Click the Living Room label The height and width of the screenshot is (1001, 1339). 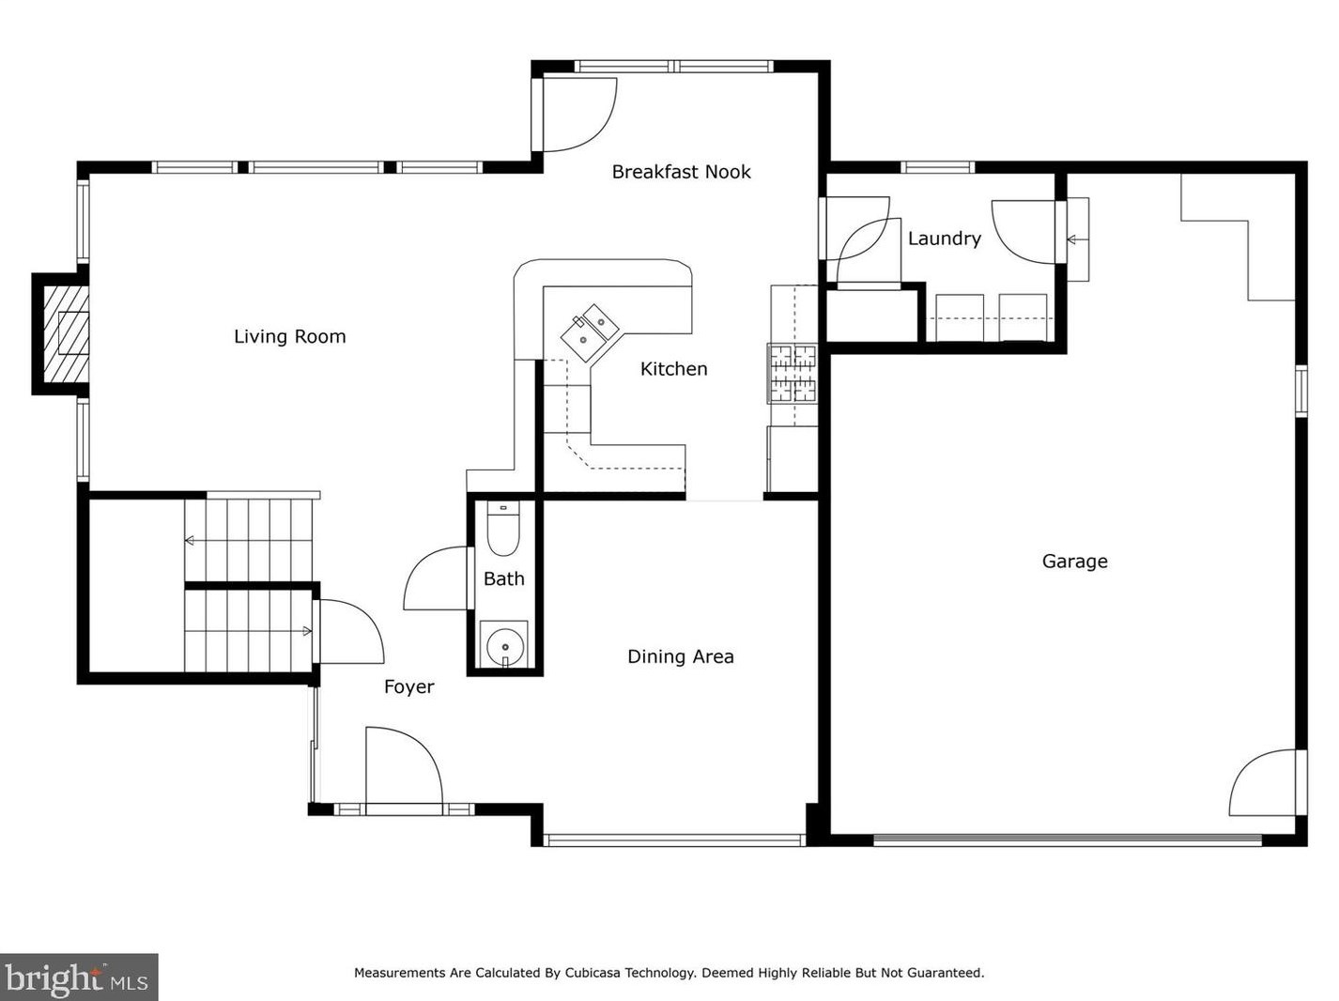click(290, 337)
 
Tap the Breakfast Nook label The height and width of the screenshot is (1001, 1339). click(681, 172)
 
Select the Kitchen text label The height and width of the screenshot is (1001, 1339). click(673, 369)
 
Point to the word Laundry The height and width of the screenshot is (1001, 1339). click(945, 239)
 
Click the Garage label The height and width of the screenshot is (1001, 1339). click(1074, 562)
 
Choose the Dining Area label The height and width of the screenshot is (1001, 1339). click(680, 657)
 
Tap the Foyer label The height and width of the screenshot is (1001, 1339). click(408, 687)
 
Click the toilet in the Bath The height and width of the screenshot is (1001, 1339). click(502, 529)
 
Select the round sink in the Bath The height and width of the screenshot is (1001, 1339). click(504, 647)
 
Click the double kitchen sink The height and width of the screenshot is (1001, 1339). click(590, 333)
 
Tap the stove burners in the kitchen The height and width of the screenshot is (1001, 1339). click(792, 374)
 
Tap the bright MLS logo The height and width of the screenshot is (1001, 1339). click(78, 978)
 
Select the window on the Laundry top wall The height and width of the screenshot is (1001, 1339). click(938, 167)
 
